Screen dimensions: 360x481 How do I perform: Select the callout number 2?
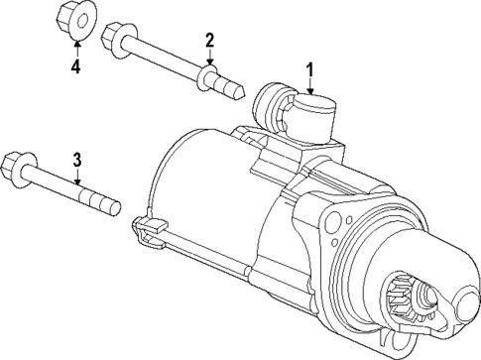coord(209,40)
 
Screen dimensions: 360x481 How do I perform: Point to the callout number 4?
coord(74,67)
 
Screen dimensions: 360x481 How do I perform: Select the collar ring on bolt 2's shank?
coord(207,77)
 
